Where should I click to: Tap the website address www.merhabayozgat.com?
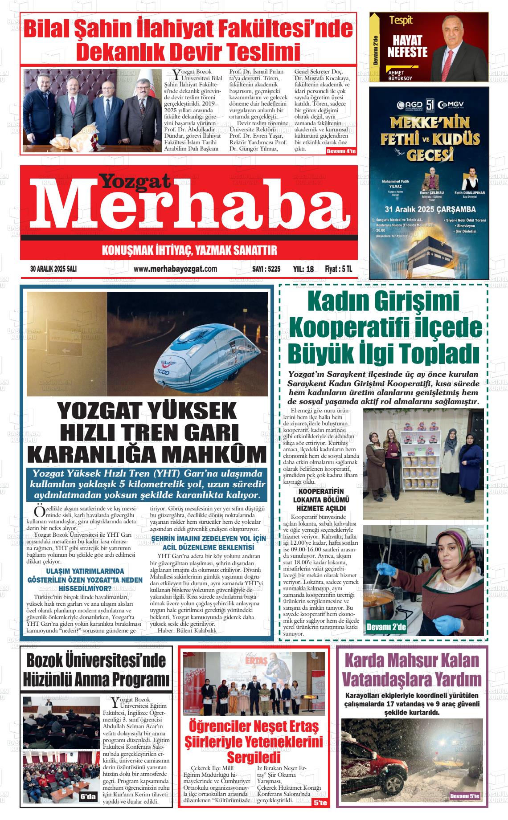point(175,269)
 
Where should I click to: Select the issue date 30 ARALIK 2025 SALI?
point(53,269)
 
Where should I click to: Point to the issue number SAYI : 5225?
point(266,269)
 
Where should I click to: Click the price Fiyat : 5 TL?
point(339,269)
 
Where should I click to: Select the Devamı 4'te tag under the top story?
point(341,152)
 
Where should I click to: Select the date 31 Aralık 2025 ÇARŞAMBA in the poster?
point(430,209)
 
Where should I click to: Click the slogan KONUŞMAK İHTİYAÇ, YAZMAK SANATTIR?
point(189,250)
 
